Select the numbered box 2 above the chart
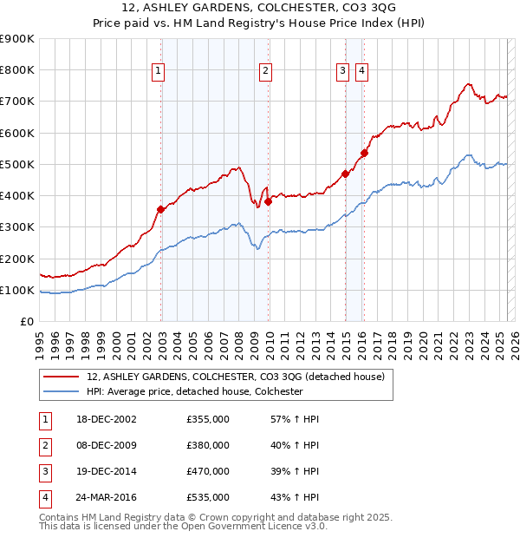(x=264, y=72)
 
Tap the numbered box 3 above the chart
(x=343, y=72)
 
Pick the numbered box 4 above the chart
(x=361, y=72)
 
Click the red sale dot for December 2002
(x=161, y=209)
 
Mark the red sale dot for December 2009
(x=269, y=201)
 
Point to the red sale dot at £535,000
(x=365, y=154)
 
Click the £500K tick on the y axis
(x=17, y=164)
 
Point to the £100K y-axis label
(x=17, y=290)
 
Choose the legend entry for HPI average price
(x=194, y=391)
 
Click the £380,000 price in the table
(x=208, y=446)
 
